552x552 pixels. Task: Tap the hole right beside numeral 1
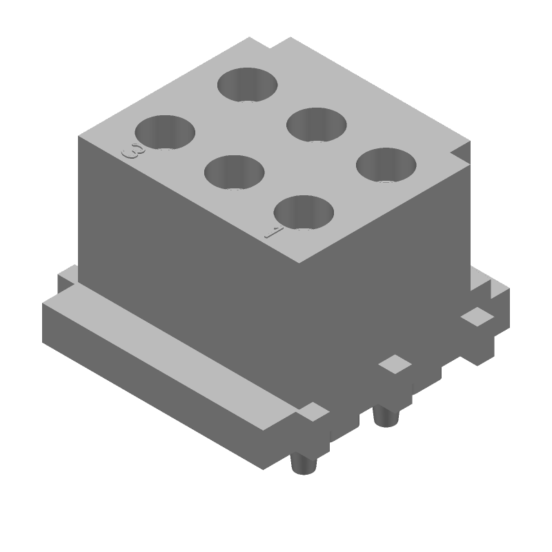pyautogui.click(x=304, y=212)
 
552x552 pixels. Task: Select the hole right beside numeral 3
pyautogui.click(x=164, y=132)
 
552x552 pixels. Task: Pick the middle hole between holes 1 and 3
pyautogui.click(x=235, y=172)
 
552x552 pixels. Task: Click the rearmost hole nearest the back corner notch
pyautogui.click(x=247, y=84)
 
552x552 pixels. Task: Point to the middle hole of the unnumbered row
pyautogui.click(x=316, y=124)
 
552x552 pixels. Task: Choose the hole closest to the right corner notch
pyautogui.click(x=386, y=165)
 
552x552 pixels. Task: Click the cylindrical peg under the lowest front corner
pyautogui.click(x=302, y=464)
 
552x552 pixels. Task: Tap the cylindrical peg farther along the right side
pyautogui.click(x=384, y=416)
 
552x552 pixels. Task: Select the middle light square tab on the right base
pyautogui.click(x=396, y=364)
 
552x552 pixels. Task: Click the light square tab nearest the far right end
pyautogui.click(x=476, y=317)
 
